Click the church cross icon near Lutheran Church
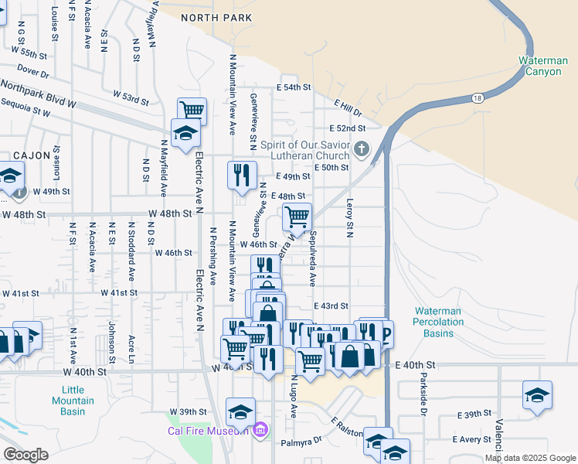(361, 148)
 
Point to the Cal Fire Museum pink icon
(260, 429)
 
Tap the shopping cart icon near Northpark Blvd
(192, 110)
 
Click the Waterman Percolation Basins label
(437, 322)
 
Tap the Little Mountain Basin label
(73, 401)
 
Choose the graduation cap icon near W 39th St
(240, 411)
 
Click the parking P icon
(383, 334)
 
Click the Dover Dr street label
(32, 73)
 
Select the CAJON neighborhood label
(31, 155)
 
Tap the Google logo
(25, 455)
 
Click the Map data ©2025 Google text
(529, 458)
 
